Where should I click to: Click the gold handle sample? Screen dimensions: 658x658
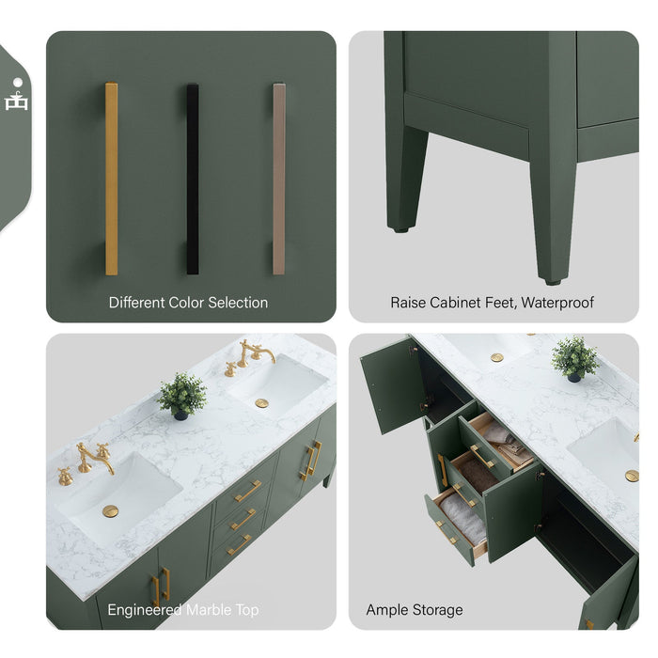[x=111, y=179]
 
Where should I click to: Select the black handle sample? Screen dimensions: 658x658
[x=192, y=179]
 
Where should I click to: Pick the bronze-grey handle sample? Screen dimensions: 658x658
[x=278, y=179]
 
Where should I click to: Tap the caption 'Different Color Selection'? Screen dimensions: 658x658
[x=188, y=303]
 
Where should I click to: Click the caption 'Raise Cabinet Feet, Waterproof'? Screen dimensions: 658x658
[x=492, y=303]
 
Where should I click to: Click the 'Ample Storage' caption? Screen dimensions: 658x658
[x=415, y=610]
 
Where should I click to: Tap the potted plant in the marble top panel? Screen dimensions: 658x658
[x=182, y=395]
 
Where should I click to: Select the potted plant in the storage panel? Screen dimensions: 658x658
[x=574, y=359]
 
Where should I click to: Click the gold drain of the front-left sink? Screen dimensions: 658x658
[x=111, y=510]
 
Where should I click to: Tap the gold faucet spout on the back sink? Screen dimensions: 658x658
[x=256, y=352]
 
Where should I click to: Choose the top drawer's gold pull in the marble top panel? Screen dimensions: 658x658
[x=248, y=491]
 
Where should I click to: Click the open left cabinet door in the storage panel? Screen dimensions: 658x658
[x=391, y=385]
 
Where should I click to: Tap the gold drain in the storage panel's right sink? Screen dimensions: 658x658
[x=632, y=476]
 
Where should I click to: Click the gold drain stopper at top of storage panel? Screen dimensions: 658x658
[x=496, y=357]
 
